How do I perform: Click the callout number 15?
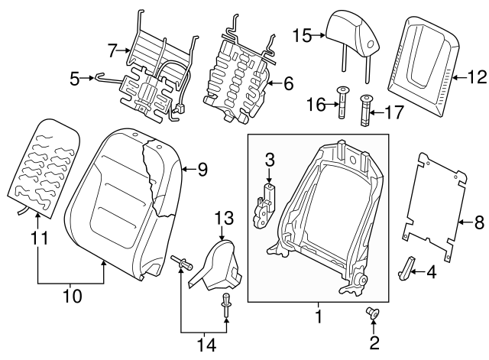pyautogui.click(x=301, y=35)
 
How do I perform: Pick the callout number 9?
pyautogui.click(x=202, y=170)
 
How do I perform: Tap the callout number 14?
pyautogui.click(x=203, y=344)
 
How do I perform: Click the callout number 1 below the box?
pyautogui.click(x=319, y=314)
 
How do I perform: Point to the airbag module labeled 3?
pyautogui.click(x=265, y=203)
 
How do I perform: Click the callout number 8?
pyautogui.click(x=479, y=223)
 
